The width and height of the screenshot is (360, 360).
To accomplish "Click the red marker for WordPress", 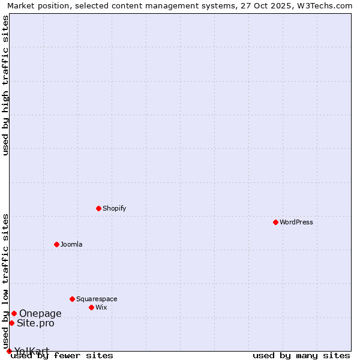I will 275,222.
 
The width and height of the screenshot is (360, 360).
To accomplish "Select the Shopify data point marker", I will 98,208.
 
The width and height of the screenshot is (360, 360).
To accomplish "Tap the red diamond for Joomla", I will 56,244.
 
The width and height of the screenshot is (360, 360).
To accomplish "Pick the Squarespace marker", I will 72,299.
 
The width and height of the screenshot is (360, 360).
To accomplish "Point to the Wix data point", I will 91,307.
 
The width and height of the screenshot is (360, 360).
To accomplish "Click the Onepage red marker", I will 14,313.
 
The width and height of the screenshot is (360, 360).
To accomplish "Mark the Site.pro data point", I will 11,323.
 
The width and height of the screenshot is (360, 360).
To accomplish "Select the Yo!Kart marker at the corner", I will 9,351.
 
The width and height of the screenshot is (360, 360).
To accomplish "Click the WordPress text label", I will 296,222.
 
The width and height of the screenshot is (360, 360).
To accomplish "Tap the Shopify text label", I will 114,208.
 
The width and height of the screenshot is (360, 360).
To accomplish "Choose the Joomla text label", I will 71,244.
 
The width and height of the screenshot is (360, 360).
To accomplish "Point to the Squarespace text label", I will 97,299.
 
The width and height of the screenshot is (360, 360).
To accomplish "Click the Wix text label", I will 101,307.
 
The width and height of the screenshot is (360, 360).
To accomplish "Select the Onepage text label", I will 40,313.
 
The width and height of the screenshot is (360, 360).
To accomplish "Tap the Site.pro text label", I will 35,323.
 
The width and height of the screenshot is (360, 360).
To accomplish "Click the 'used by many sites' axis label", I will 301,356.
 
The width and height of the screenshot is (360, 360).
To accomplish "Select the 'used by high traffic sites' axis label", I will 6,85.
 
